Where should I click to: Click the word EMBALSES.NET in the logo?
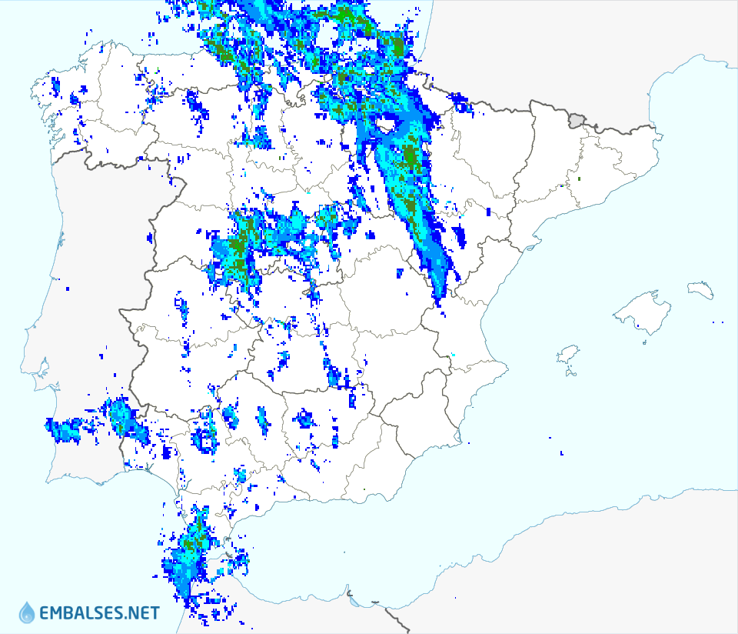[x=100, y=613]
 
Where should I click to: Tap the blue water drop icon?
[x=27, y=612]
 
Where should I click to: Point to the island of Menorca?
[x=701, y=290]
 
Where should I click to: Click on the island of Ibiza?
[x=567, y=355]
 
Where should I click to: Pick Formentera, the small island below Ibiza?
[x=570, y=374]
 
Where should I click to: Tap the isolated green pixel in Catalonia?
[x=579, y=179]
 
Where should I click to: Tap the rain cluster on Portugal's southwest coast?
[x=65, y=429]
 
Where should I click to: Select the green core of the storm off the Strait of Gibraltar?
[x=192, y=542]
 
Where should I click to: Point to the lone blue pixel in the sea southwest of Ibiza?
[x=562, y=453]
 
